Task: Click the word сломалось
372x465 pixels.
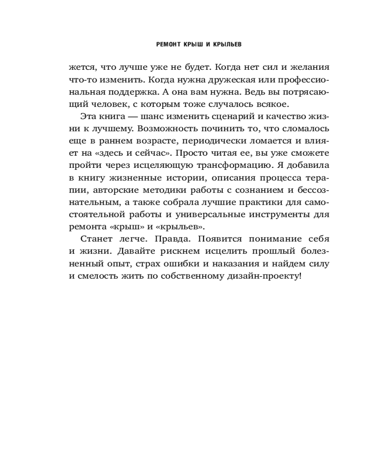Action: (306, 127)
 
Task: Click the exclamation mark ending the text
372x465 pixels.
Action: (300, 276)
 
